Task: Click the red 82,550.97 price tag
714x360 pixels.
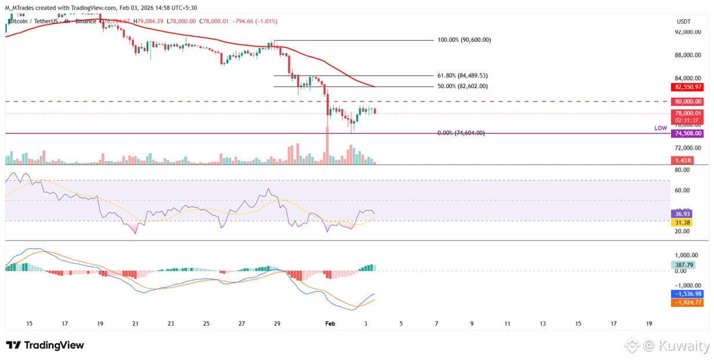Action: [688, 87]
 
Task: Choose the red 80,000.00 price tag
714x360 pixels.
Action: [688, 101]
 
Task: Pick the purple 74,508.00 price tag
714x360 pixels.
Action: [688, 133]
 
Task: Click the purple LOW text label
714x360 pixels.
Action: [661, 128]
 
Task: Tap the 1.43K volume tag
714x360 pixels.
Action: [680, 159]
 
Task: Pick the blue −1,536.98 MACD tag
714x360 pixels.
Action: [688, 293]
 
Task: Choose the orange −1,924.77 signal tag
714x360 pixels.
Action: [688, 302]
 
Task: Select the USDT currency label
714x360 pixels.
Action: [684, 21]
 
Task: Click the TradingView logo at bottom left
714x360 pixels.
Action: [45, 346]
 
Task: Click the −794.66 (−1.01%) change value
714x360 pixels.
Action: [254, 21]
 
